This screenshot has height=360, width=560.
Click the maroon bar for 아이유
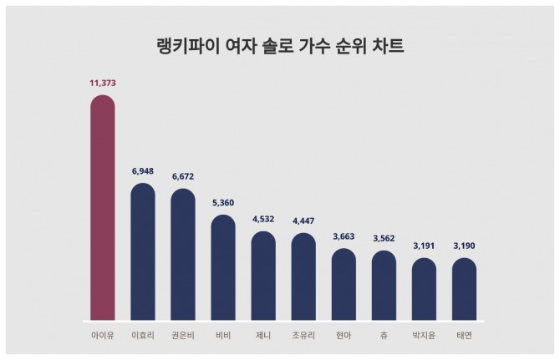102,209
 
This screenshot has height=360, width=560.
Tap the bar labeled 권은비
183,255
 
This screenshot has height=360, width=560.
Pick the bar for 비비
223,268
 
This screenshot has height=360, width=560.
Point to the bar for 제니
263,276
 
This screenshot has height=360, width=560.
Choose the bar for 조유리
303,276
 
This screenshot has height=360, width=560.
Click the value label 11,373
102,83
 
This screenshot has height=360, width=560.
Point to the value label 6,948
143,170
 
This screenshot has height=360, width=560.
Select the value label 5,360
223,202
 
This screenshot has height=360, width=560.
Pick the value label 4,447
303,221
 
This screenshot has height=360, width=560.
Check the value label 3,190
464,246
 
